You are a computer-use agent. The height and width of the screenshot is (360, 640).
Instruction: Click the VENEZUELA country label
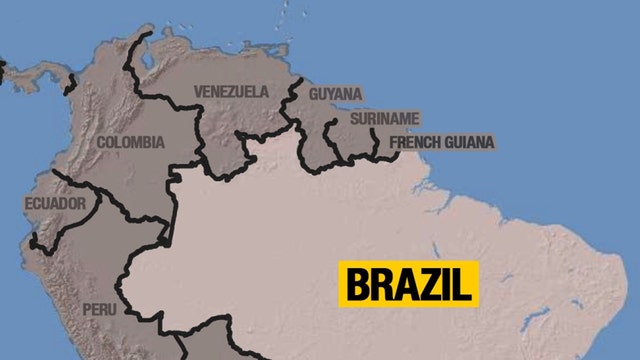click(231, 92)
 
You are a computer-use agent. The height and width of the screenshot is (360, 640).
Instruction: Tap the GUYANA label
click(336, 94)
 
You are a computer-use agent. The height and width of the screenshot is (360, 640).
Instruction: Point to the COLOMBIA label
click(130, 143)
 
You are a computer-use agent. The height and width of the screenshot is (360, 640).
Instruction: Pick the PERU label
click(99, 310)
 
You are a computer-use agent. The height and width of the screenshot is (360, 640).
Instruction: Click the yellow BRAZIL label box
click(409, 284)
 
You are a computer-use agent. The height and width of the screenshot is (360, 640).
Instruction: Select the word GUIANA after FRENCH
click(467, 143)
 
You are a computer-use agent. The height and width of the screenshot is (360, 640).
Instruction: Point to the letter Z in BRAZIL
click(432, 284)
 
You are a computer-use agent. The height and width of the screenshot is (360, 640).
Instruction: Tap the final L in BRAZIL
click(462, 284)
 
